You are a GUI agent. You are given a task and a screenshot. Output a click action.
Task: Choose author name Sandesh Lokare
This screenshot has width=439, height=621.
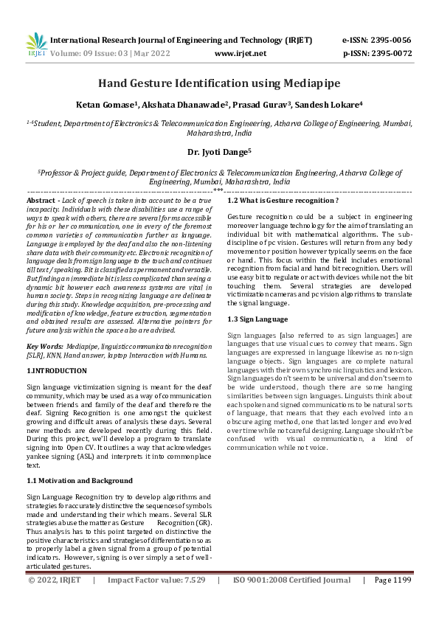coord(329,105)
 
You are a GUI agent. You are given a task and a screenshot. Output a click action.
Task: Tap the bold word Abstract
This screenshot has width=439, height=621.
coord(41,201)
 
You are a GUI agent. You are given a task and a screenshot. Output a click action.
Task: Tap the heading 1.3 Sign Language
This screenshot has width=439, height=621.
coord(257,319)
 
